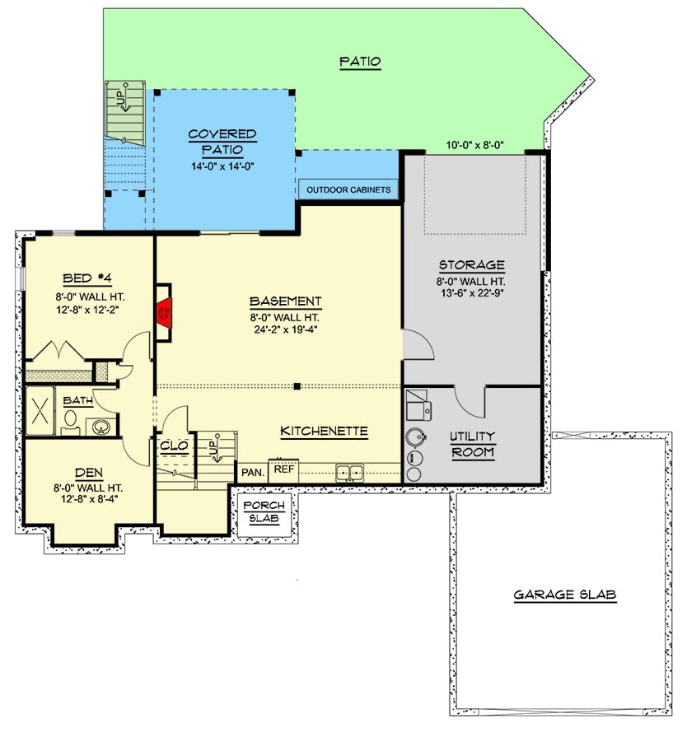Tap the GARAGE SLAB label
tap(565, 595)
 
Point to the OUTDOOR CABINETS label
tap(348, 190)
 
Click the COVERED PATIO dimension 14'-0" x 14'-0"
tap(222, 166)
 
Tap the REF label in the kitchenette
tap(283, 469)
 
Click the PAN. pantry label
tap(252, 473)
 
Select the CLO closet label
tap(174, 446)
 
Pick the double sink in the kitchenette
tap(349, 473)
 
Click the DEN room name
tap(87, 473)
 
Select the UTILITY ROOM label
tap(473, 444)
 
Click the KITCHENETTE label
tap(324, 431)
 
